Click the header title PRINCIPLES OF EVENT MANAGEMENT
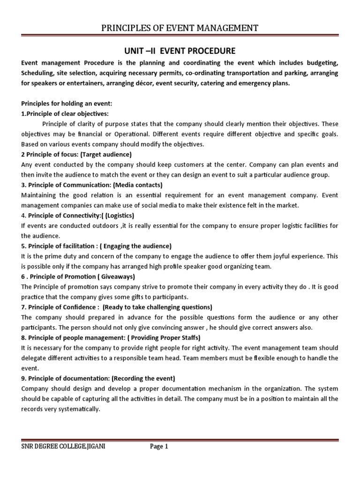point(180,29)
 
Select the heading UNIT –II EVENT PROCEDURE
point(180,50)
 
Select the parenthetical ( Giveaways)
point(115,277)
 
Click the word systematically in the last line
point(74,409)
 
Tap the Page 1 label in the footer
point(158,447)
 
